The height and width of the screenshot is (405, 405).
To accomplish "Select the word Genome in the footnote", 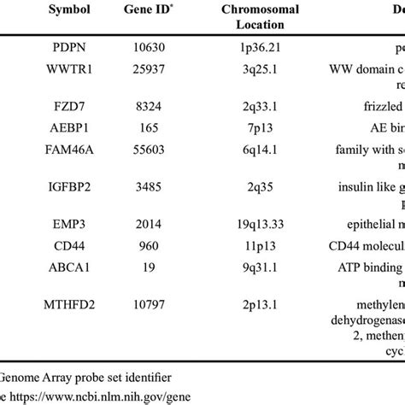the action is [23, 376].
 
